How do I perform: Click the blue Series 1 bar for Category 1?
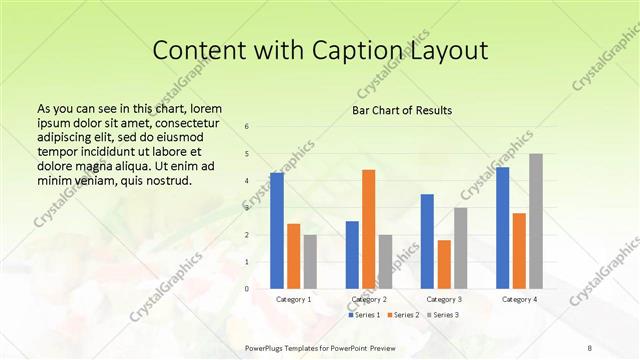pos(277,230)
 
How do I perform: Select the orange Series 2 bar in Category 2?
pos(368,229)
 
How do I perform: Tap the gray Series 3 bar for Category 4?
pos(536,221)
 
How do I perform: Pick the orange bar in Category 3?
pos(444,264)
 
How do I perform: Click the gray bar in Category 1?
pos(310,261)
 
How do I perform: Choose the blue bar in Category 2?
pos(352,254)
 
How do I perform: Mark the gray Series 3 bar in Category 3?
pos(460,248)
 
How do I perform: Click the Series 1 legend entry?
pos(365,315)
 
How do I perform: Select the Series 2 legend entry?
pos(403,315)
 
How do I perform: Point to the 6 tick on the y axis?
pos(247,126)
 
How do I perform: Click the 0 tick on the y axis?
pos(247,288)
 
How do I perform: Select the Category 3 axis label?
pos(443,299)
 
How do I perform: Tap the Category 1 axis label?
pos(293,299)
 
